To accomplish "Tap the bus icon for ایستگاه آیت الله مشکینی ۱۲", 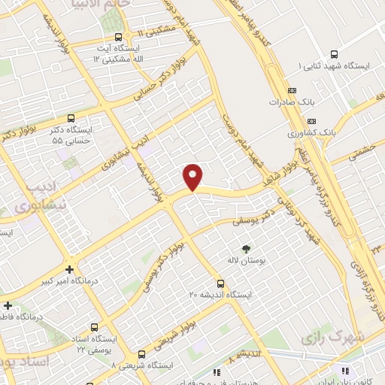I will (117, 37).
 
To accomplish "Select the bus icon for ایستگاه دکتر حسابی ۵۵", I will (71, 118).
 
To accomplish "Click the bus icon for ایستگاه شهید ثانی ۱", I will (335, 53).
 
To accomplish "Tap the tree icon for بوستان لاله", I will (245, 248).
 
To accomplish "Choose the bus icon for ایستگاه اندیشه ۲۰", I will (220, 283).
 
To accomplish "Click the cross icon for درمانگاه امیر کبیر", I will (69, 268).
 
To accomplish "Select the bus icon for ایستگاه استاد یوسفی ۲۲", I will (94, 327).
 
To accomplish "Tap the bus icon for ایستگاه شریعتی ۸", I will (141, 354).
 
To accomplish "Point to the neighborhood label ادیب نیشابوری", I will (41, 195).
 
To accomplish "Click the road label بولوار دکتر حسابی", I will (161, 87).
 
